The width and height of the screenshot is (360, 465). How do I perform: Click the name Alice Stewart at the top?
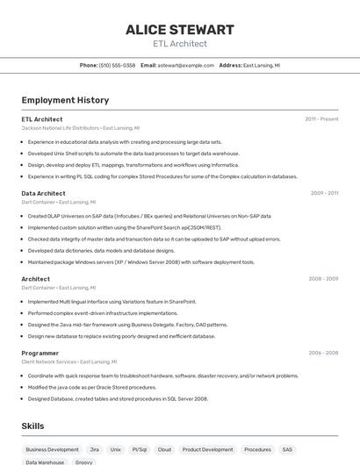click(179, 30)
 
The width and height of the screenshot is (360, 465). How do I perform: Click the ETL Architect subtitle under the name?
click(179, 44)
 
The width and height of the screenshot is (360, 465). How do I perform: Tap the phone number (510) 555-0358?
click(117, 65)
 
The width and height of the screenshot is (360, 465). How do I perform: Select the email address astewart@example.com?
click(186, 65)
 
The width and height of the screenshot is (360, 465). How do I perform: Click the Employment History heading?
click(65, 100)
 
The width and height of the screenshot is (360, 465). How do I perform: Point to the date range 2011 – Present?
click(321, 119)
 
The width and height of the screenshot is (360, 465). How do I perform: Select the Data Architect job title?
click(43, 193)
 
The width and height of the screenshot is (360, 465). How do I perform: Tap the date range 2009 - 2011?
click(324, 193)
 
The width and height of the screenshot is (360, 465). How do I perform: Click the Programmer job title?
click(40, 353)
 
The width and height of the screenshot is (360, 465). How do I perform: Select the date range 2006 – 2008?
click(323, 353)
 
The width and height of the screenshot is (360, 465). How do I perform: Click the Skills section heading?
click(32, 426)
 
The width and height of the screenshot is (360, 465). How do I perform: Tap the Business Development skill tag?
click(52, 449)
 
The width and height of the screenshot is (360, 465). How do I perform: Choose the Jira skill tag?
click(94, 449)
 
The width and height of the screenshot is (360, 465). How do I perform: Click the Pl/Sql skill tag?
click(140, 449)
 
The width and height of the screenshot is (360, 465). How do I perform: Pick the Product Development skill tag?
click(208, 449)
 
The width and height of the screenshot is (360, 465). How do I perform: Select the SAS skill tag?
click(287, 449)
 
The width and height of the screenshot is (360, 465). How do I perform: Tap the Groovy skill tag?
click(84, 461)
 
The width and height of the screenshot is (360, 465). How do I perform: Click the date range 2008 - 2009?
click(323, 279)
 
